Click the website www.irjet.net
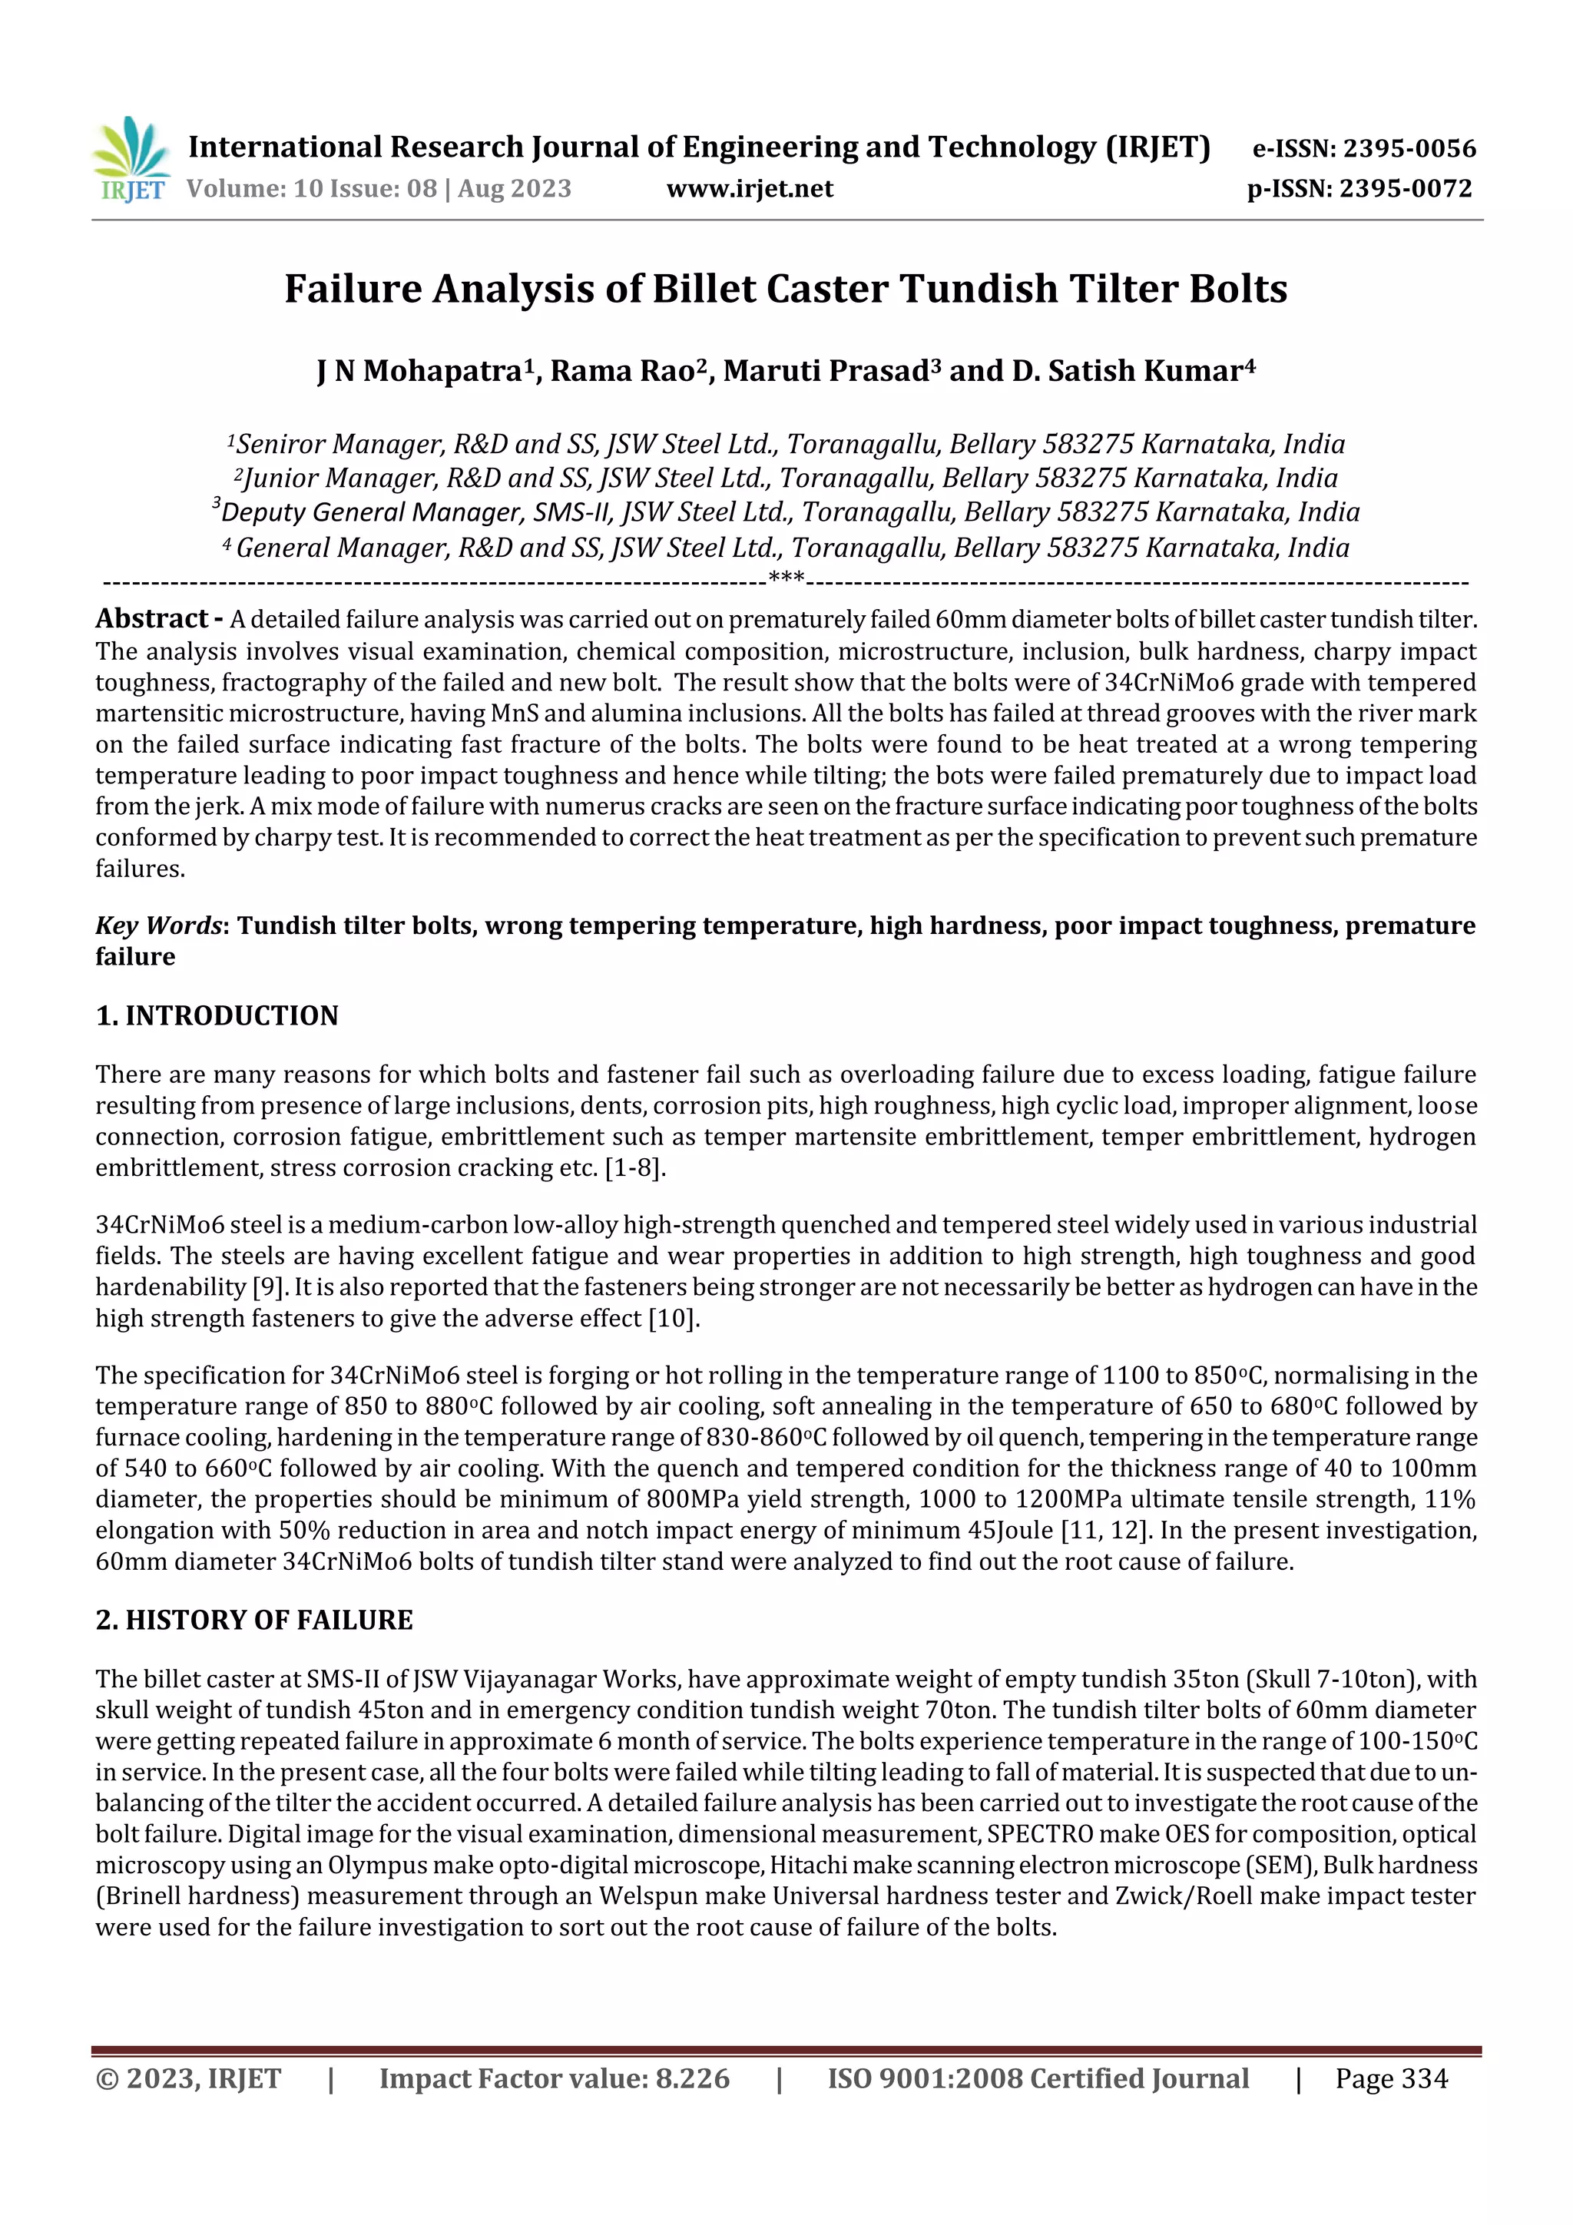coord(749,188)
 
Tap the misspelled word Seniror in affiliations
coord(280,445)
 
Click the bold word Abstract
coord(152,618)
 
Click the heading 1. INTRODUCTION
coord(217,1015)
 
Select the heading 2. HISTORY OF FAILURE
coord(254,1621)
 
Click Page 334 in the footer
coord(1391,2078)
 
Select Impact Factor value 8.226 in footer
coord(555,2078)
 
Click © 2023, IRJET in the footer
coord(188,2078)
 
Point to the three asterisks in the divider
coord(785,580)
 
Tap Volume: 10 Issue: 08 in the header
coord(311,188)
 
